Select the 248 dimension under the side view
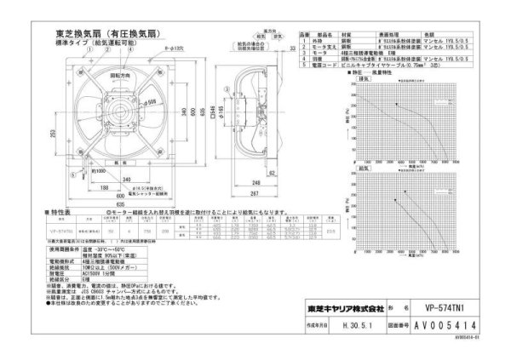click(255, 181)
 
